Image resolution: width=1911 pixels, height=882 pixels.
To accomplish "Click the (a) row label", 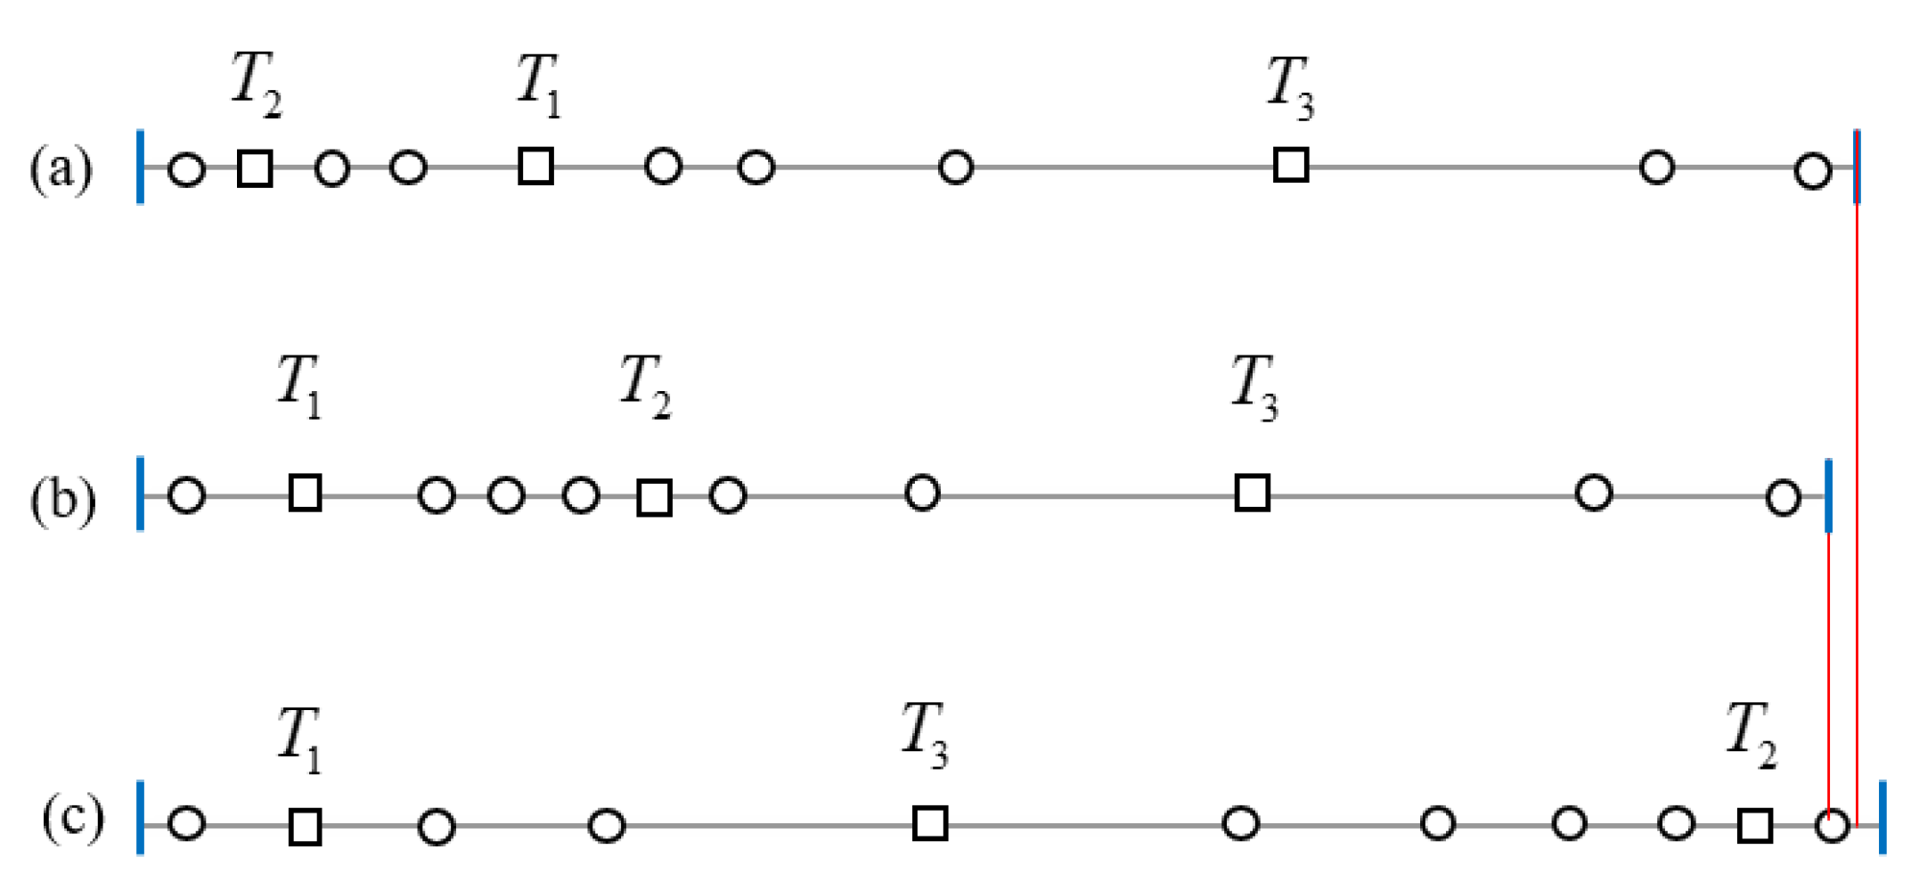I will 61,168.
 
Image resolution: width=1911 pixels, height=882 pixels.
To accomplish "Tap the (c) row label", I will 73,817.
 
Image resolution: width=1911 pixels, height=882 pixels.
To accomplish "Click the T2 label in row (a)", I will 257,85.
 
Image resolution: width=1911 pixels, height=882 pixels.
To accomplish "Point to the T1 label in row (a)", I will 539,85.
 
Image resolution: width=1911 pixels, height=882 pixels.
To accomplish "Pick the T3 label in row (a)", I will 1290,87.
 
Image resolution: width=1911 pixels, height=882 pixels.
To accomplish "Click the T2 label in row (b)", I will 645,385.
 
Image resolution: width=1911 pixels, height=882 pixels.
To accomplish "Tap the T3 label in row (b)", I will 1254,387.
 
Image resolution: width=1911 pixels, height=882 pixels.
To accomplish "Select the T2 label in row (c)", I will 1751,733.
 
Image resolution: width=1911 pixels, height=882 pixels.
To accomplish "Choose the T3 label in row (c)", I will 925,734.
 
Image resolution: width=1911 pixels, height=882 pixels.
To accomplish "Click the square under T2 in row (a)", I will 255,168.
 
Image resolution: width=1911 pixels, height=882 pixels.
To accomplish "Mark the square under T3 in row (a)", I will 1291,166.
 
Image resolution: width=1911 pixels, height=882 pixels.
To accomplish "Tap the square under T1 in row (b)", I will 306,493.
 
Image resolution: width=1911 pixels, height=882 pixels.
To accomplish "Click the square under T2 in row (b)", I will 655,498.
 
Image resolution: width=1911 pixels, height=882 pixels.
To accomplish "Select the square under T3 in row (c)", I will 930,823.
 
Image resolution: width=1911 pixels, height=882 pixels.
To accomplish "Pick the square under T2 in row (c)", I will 1755,826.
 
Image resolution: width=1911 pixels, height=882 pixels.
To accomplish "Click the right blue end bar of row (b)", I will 1828,495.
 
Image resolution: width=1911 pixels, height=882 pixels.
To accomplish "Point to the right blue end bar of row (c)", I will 1882,817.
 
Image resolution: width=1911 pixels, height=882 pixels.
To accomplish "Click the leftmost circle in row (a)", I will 186,169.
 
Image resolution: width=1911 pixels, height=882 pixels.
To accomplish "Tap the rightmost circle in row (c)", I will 1832,827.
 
